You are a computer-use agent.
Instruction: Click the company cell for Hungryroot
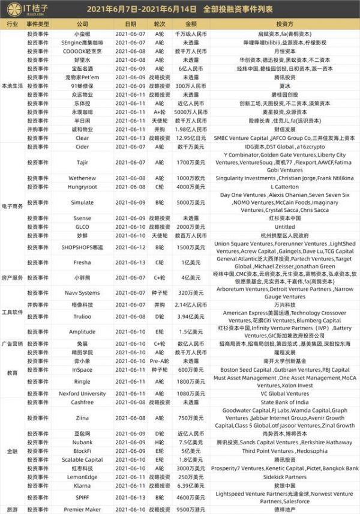[83, 187]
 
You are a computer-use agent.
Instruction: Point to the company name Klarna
[83, 484]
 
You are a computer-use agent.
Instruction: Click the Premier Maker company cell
[83, 509]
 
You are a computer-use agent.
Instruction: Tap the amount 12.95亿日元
[190, 138]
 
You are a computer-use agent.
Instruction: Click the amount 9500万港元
[190, 509]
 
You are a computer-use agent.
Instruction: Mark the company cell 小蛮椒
[83, 35]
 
